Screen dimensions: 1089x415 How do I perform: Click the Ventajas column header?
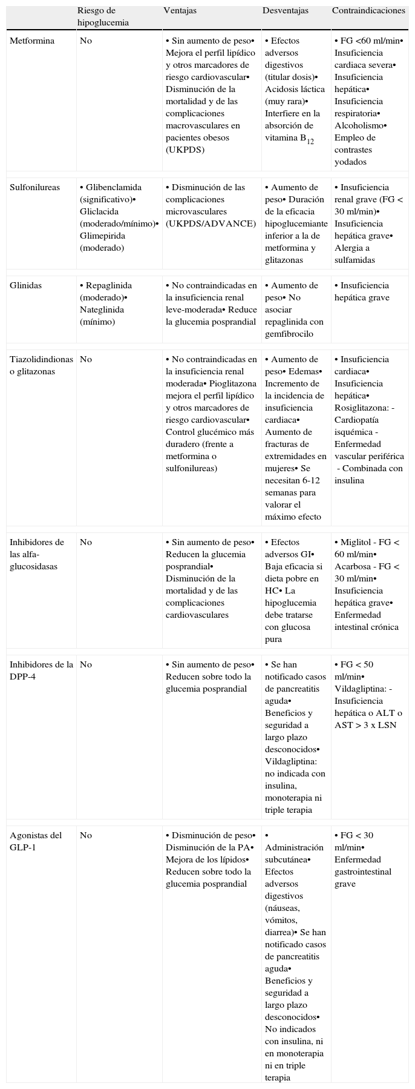click(180, 11)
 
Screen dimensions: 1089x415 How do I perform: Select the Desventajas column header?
click(285, 11)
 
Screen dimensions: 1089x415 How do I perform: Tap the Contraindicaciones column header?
click(368, 11)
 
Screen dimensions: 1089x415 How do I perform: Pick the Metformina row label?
click(32, 41)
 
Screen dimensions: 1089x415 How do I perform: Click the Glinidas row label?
click(26, 286)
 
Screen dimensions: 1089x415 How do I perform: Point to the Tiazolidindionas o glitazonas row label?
click(41, 366)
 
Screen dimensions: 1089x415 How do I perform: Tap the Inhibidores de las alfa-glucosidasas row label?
click(37, 555)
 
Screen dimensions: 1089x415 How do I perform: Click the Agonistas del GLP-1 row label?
click(36, 842)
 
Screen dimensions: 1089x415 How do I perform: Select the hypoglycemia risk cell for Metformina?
click(86, 41)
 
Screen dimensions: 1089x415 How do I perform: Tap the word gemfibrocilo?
click(291, 334)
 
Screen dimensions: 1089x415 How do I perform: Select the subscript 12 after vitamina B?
click(310, 141)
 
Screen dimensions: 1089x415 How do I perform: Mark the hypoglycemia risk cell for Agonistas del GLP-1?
click(86, 836)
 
